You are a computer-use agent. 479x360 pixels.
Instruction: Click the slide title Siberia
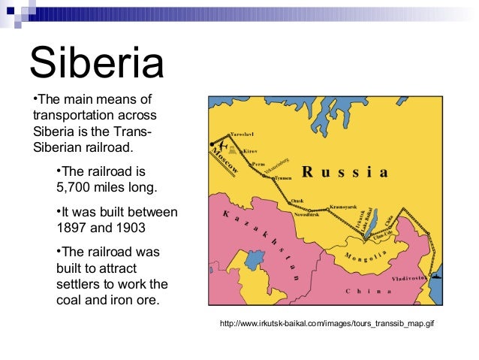click(x=96, y=63)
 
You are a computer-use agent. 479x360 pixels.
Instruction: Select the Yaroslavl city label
click(x=241, y=134)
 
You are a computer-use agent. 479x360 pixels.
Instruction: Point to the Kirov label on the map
click(x=249, y=151)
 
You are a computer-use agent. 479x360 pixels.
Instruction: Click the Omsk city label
click(x=297, y=201)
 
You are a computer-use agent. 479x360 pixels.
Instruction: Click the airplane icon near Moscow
click(x=219, y=143)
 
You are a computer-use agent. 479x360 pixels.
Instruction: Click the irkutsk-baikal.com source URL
click(x=327, y=324)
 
